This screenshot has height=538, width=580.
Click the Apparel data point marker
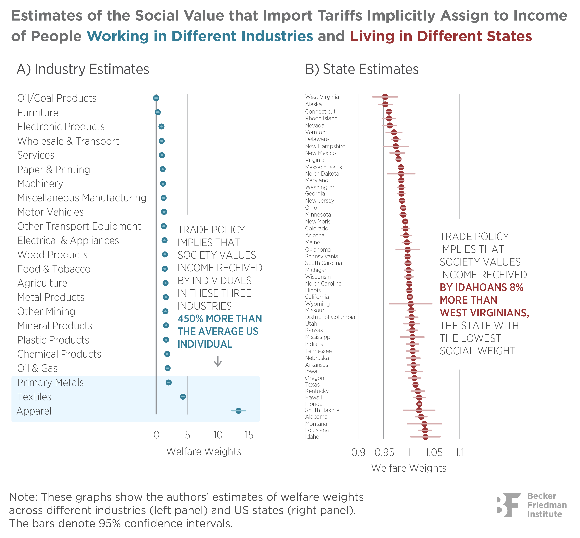tap(238, 411)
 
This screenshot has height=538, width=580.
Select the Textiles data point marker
tap(183, 396)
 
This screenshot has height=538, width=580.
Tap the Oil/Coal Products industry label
tap(57, 98)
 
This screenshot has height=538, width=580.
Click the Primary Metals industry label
tap(50, 383)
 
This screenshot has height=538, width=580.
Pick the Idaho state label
tap(312, 437)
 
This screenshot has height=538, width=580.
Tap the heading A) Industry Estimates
tap(83, 69)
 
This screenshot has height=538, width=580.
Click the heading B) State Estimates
tap(362, 69)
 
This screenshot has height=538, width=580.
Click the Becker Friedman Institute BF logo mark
tap(509, 505)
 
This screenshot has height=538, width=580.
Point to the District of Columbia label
tap(330, 317)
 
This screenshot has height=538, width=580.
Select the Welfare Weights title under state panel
tap(409, 468)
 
